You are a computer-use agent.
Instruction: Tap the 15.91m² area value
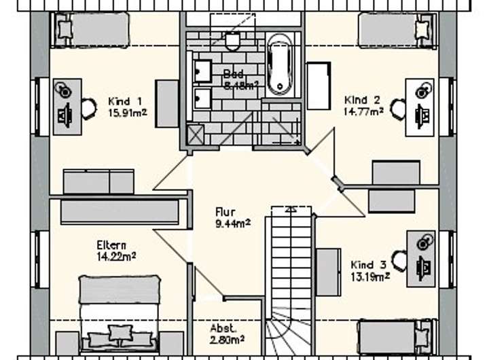(x=124, y=112)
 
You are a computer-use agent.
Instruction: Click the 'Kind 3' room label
(x=369, y=264)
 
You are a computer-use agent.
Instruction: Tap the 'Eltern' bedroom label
(x=111, y=245)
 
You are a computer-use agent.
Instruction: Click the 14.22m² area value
(x=117, y=256)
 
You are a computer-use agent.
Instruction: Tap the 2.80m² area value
(x=227, y=338)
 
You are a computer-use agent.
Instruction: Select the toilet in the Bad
(x=233, y=42)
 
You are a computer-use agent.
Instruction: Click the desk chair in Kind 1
(x=89, y=107)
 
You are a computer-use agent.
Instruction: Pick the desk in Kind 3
(x=421, y=259)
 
